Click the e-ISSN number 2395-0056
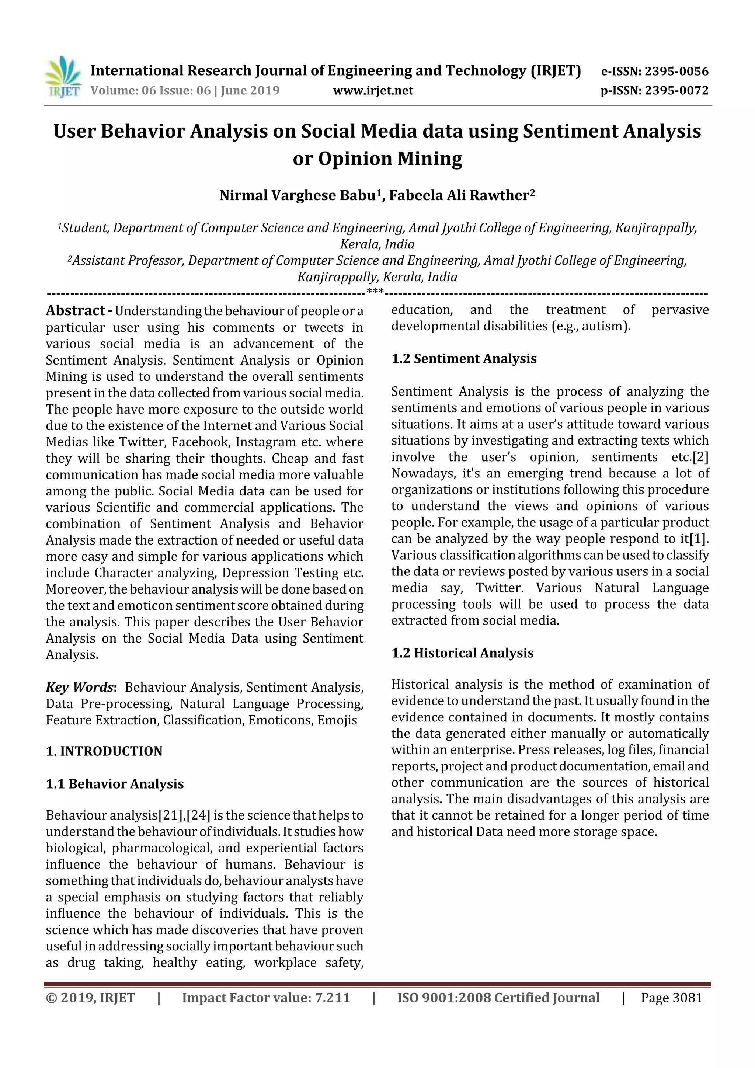pyautogui.click(x=676, y=72)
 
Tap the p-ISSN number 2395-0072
pyautogui.click(x=676, y=91)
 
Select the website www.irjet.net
pyautogui.click(x=373, y=91)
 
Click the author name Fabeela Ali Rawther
pyautogui.click(x=462, y=195)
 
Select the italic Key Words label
pyautogui.click(x=80, y=687)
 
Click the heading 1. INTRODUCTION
pyautogui.click(x=104, y=751)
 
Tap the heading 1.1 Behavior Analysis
pyautogui.click(x=115, y=784)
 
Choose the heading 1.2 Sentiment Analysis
pyautogui.click(x=464, y=359)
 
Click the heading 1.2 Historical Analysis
pyautogui.click(x=462, y=653)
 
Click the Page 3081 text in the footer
pyautogui.click(x=671, y=997)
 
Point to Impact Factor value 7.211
pyautogui.click(x=266, y=997)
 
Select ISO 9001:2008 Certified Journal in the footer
pyautogui.click(x=498, y=997)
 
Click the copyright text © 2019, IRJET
pyautogui.click(x=90, y=997)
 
